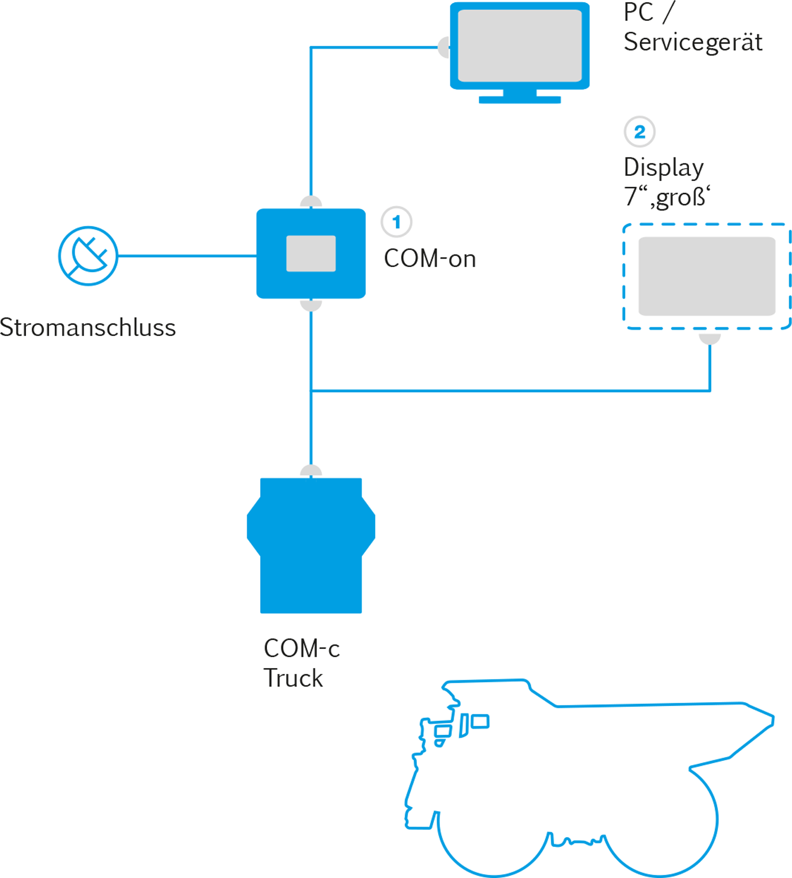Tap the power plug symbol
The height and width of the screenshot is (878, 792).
pyautogui.click(x=88, y=256)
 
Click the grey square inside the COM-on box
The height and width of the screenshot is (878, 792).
pyautogui.click(x=311, y=253)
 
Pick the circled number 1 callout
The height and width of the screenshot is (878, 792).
pyautogui.click(x=396, y=222)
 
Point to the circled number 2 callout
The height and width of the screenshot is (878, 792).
pyautogui.click(x=639, y=132)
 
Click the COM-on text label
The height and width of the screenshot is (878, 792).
pyautogui.click(x=430, y=259)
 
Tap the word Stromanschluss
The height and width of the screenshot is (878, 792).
pyautogui.click(x=88, y=328)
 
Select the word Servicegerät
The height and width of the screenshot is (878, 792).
pyautogui.click(x=692, y=42)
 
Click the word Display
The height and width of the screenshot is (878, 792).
pyautogui.click(x=663, y=167)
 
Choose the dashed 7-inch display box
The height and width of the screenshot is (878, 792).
pyautogui.click(x=707, y=276)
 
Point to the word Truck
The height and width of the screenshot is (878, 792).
pyautogui.click(x=293, y=678)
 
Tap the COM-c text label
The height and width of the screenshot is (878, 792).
pyautogui.click(x=302, y=648)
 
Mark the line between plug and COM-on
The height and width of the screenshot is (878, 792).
pyautogui.click(x=187, y=256)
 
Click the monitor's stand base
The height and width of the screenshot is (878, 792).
pyautogui.click(x=519, y=100)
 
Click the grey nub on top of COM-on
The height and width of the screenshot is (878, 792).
pyautogui.click(x=311, y=203)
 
